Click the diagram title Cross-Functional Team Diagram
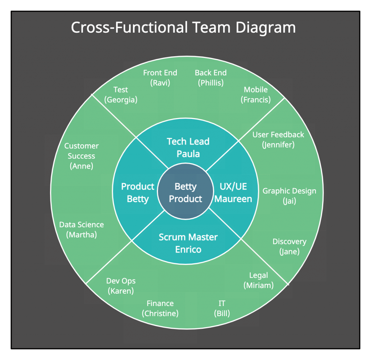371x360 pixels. (183, 28)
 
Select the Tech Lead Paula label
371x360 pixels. (188, 148)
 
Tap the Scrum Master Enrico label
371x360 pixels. (188, 243)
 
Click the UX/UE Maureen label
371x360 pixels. (233, 193)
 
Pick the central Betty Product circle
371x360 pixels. (185, 193)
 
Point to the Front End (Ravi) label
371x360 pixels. (160, 78)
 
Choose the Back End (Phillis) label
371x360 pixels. (210, 78)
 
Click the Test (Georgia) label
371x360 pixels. (121, 95)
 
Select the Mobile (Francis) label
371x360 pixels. (256, 95)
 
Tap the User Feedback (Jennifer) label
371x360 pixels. (278, 140)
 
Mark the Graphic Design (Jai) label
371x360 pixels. (289, 196)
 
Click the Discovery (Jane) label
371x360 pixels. (289, 247)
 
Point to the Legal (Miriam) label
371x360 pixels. (259, 280)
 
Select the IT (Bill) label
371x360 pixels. (222, 308)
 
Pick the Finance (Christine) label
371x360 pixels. (160, 308)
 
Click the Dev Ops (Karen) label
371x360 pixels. (121, 286)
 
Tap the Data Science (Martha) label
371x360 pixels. (82, 229)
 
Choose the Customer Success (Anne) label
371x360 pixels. (82, 156)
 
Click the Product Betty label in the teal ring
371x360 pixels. (138, 193)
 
